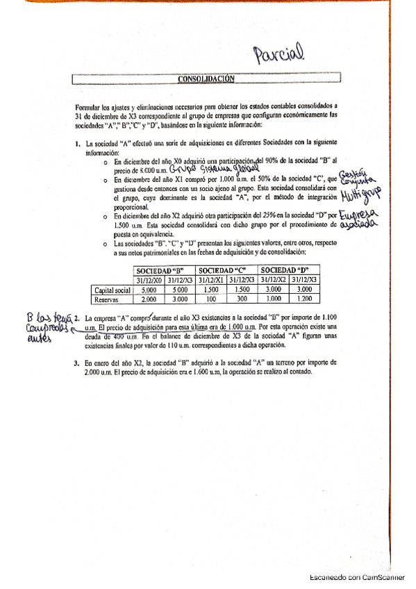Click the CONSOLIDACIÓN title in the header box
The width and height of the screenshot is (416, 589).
click(206, 79)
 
